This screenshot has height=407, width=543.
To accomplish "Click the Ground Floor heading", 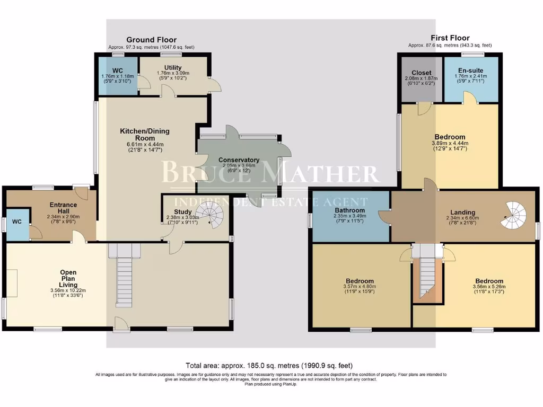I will [x=151, y=40].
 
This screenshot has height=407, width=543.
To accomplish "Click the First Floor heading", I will [x=450, y=38].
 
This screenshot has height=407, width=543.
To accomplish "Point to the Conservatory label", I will [x=239, y=160].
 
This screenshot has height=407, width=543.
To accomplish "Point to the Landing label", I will [x=457, y=213].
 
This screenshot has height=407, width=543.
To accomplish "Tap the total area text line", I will [x=269, y=366].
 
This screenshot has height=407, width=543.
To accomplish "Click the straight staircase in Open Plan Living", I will [x=123, y=281].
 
